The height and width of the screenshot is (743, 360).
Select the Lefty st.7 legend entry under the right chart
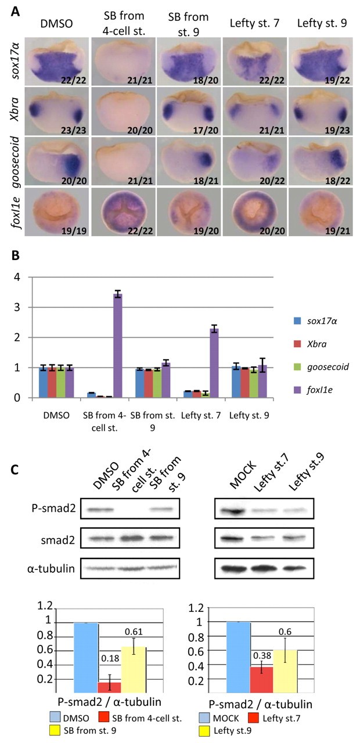tap(261, 729)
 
